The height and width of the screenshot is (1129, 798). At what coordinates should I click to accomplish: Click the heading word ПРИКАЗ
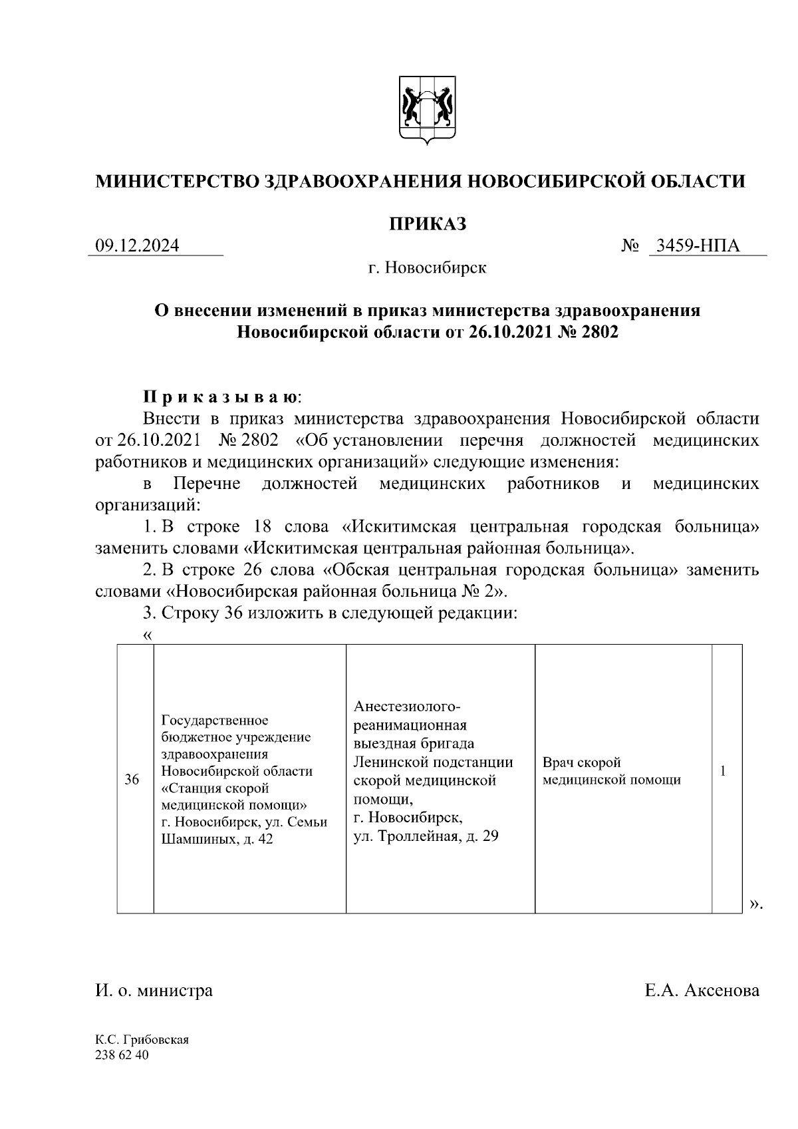428,224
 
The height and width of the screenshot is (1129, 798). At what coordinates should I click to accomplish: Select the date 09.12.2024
138,246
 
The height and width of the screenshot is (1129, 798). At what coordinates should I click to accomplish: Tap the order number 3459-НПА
697,246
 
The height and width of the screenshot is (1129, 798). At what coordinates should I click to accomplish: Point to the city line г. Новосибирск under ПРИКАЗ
428,268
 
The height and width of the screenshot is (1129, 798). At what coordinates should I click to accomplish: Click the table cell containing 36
132,779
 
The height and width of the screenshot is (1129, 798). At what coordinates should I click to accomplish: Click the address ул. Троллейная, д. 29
426,836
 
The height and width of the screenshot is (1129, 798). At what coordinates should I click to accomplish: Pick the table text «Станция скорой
215,788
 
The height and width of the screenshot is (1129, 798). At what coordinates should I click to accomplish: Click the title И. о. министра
154,991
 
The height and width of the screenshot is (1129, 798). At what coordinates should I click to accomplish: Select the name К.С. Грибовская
142,1041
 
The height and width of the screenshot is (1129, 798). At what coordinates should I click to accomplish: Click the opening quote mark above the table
148,635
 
